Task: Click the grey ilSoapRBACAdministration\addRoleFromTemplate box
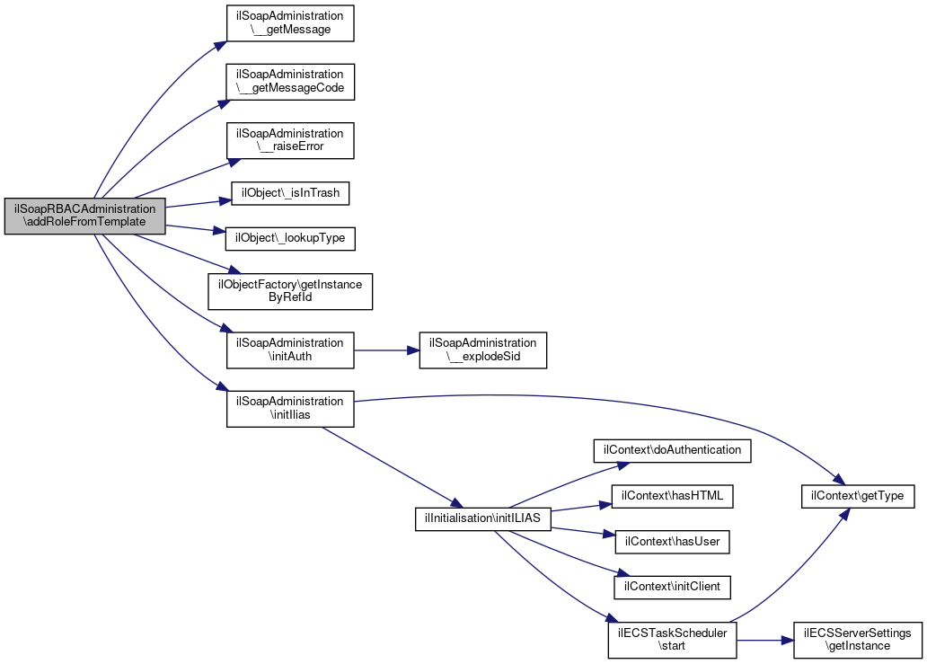(84, 216)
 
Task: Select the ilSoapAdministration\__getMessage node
(290, 23)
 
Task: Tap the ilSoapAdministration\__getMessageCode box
(290, 82)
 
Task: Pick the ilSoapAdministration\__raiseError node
(290, 140)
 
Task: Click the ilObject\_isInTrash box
(290, 193)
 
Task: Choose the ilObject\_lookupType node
(290, 238)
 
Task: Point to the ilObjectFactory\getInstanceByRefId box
(290, 291)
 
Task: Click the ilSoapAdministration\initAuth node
(290, 350)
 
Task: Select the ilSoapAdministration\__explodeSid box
(483, 350)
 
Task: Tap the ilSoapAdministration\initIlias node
(290, 409)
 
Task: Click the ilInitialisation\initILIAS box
(483, 518)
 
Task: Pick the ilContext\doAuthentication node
(672, 450)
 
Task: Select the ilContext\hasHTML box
(672, 496)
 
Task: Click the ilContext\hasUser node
(672, 542)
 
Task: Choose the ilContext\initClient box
(672, 587)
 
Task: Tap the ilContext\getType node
(858, 496)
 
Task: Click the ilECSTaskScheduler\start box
(672, 640)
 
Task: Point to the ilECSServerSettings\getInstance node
(858, 640)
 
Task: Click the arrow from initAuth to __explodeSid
(386, 350)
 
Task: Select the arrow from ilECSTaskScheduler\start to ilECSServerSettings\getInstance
(765, 641)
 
